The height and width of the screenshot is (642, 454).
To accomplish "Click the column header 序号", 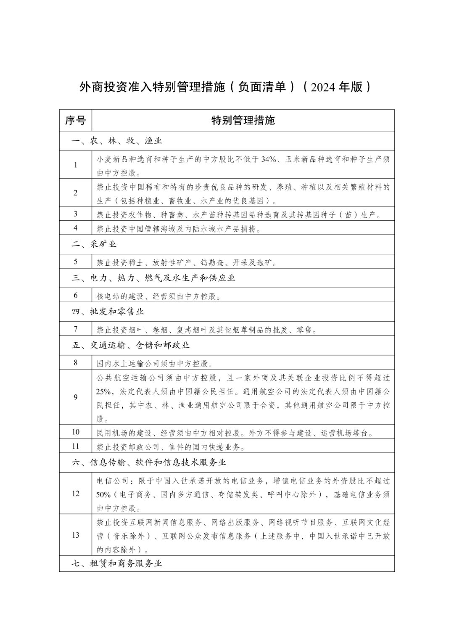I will tap(76, 121).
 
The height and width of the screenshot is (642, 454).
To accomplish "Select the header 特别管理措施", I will tap(243, 121).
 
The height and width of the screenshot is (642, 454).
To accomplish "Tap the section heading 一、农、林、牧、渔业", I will tap(117, 141).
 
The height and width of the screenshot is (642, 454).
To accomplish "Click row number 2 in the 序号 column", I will tap(76, 193).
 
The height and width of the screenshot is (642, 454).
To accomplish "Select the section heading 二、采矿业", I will tap(94, 244).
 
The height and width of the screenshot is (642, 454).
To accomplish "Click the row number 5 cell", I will tap(76, 262).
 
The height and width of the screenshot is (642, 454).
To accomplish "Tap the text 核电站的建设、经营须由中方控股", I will tap(159, 296).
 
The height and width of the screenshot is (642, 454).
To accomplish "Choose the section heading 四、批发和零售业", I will tap(108, 312).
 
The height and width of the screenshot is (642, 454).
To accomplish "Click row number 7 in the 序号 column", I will tap(76, 329).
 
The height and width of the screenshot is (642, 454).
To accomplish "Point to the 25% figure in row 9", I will tap(103, 391).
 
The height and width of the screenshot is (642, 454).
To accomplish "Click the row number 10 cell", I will tap(76, 432).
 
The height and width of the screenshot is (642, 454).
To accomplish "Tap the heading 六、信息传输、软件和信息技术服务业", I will tap(149, 462).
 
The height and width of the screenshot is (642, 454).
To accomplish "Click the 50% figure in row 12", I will tap(103, 495).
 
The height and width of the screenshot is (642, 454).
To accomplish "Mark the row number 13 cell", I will tap(76, 535).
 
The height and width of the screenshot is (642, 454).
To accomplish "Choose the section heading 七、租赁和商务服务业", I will tap(117, 563).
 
